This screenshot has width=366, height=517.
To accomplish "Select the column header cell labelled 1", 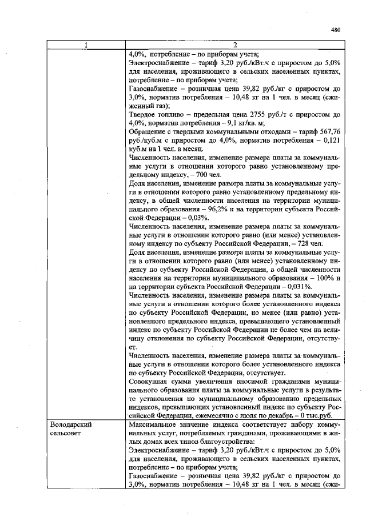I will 86,45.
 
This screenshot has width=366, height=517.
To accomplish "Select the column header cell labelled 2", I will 234,45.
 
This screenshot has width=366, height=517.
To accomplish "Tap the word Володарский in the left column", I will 71,426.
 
